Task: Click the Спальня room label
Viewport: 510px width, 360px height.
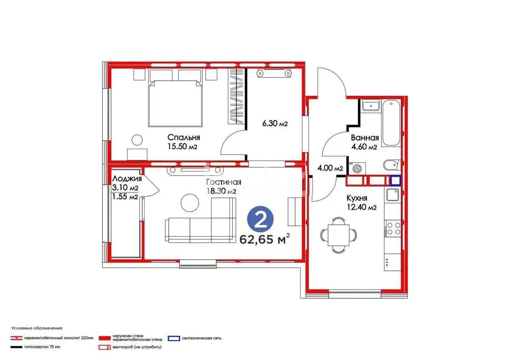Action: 184,137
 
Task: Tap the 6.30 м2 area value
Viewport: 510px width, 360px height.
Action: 275,124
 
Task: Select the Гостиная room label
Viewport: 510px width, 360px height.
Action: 224,182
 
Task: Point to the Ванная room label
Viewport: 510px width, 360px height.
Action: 365,138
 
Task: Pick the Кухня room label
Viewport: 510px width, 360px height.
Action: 357,198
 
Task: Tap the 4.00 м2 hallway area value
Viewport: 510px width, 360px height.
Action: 330,168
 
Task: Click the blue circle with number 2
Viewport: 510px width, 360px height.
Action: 261,220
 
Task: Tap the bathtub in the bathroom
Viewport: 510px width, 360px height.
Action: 391,123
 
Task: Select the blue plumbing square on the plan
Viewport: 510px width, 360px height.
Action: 396,181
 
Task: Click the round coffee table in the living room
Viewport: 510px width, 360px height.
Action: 190,203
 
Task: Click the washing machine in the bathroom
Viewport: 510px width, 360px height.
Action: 357,168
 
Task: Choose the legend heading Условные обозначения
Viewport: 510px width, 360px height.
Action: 37,328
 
